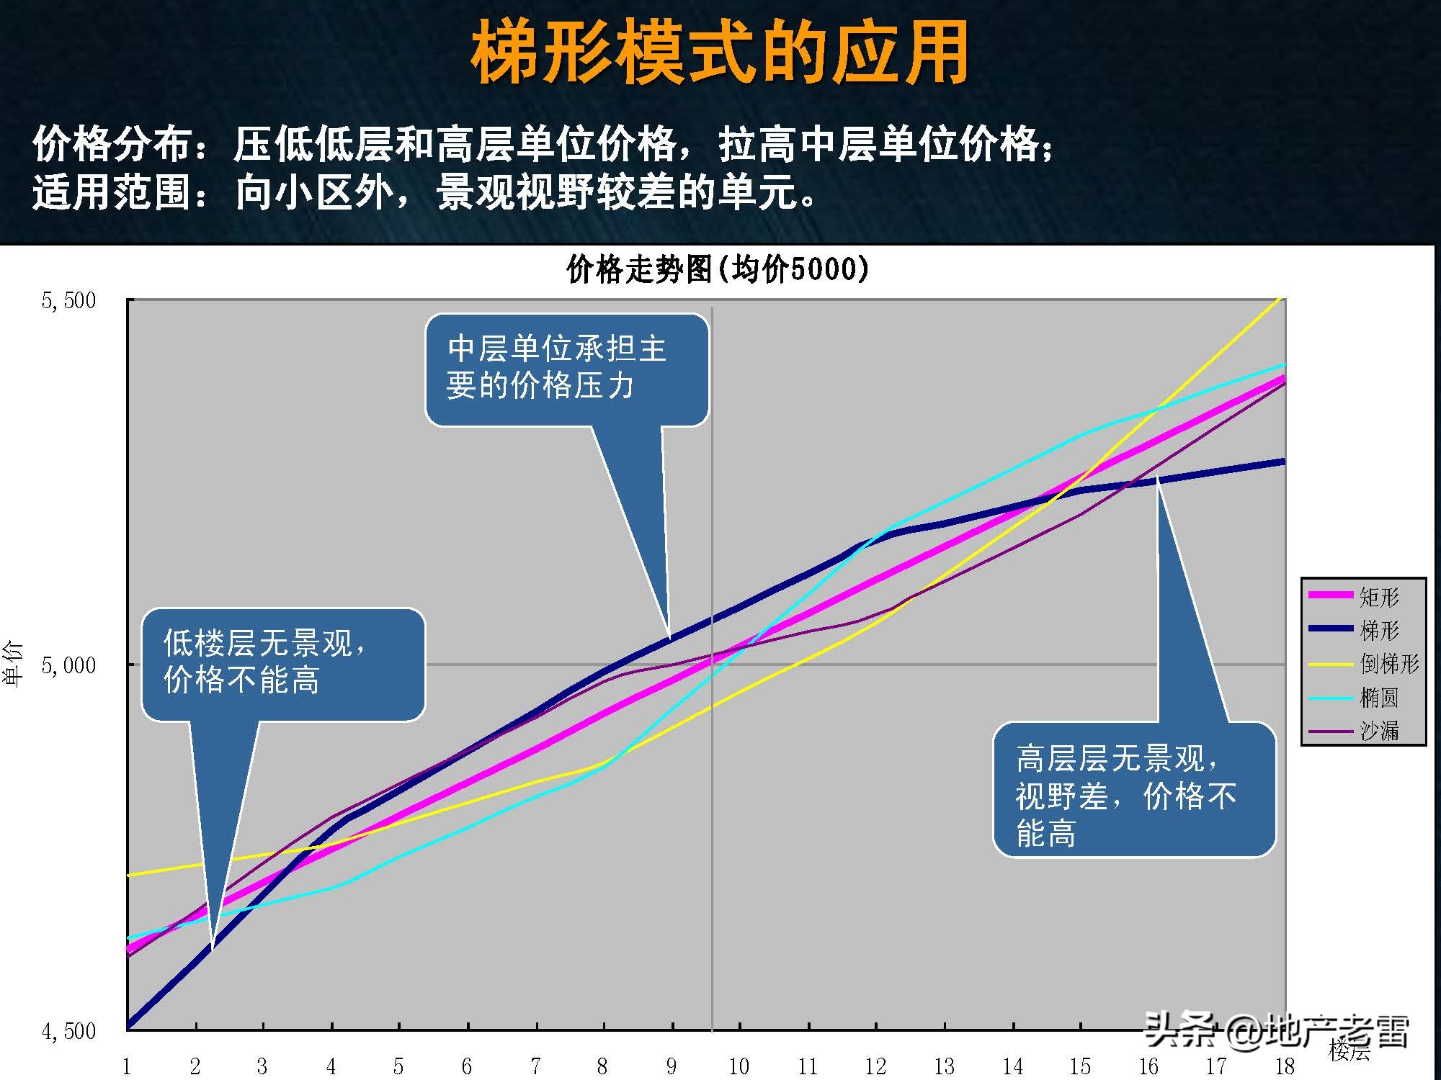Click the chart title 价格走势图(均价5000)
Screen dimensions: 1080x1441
718,269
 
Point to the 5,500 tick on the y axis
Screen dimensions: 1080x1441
69,300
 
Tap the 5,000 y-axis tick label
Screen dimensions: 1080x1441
69,665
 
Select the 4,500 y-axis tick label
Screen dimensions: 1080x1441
69,1031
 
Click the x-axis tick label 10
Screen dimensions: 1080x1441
739,1066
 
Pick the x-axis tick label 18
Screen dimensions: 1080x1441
1285,1066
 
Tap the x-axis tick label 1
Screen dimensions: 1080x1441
127,1066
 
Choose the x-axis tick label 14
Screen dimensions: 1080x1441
1012,1066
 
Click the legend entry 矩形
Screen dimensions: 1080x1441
1378,597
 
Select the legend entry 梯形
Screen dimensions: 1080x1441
1378,630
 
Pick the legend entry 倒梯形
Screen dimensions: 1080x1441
1388,663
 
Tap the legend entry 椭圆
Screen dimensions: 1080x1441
1378,697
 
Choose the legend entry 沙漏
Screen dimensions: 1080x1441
1378,730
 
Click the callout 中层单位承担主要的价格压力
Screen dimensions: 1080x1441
566,368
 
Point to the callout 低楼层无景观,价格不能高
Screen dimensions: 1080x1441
282,663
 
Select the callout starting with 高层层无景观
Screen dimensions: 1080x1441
1133,789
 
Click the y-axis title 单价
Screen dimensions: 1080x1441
14,664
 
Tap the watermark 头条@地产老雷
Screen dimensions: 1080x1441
1275,1031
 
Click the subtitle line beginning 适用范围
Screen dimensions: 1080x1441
425,193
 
